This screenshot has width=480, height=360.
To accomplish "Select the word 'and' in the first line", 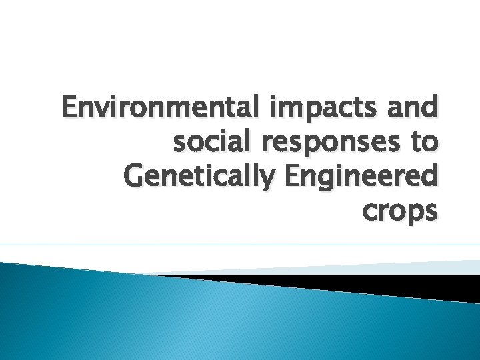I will click(x=414, y=107).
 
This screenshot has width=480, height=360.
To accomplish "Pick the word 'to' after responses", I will click(x=424, y=142).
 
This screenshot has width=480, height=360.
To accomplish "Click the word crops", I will click(x=399, y=212).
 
